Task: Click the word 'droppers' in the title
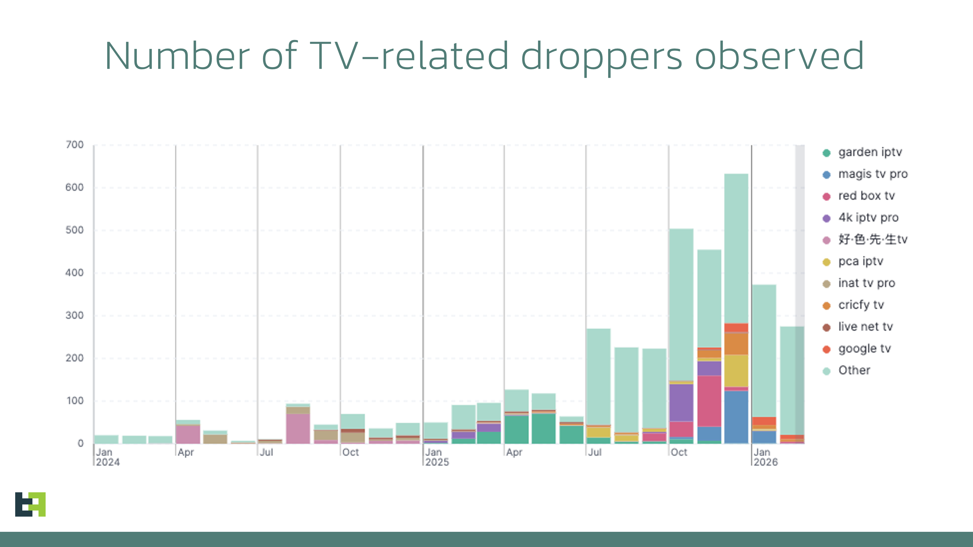[601, 57]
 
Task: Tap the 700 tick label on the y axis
[74, 145]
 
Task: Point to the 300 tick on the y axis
[74, 316]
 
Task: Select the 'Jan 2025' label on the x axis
[437, 457]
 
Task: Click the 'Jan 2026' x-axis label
[766, 457]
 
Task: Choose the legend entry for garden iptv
[870, 152]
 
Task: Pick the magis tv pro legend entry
[872, 174]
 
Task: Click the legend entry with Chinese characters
[872, 239]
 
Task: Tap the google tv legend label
[864, 348]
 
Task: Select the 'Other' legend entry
[854, 370]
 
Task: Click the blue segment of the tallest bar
[736, 417]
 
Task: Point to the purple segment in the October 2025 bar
[681, 402]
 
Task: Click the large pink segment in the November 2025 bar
[709, 401]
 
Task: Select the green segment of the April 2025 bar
[516, 429]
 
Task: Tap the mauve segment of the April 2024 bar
[188, 434]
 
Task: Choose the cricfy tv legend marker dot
[827, 305]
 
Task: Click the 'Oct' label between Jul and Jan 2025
[350, 452]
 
